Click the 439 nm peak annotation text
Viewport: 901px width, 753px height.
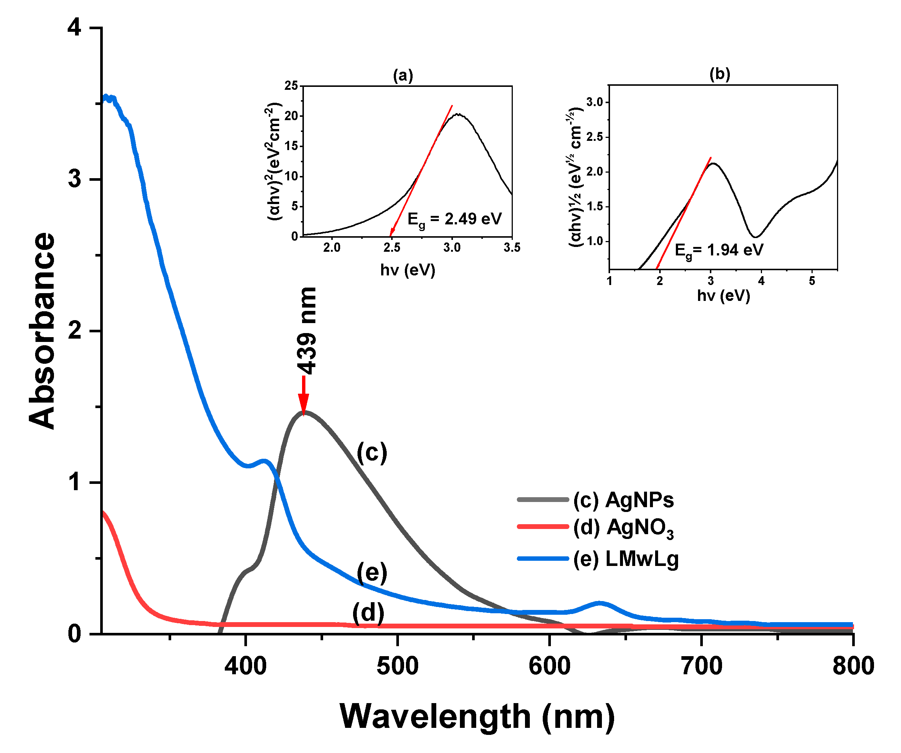tap(307, 331)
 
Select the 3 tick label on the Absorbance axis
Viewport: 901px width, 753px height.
tap(75, 179)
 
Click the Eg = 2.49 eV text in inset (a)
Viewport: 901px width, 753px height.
tap(454, 220)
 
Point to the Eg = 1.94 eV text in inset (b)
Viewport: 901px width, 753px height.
tap(719, 250)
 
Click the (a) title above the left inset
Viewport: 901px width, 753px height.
tap(403, 75)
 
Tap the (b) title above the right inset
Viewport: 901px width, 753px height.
tap(719, 74)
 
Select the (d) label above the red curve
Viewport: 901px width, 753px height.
tap(368, 612)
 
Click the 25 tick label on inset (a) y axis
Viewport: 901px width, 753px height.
tap(291, 85)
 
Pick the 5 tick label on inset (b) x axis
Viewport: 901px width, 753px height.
tap(812, 281)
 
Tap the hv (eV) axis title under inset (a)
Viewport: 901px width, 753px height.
tap(407, 270)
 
